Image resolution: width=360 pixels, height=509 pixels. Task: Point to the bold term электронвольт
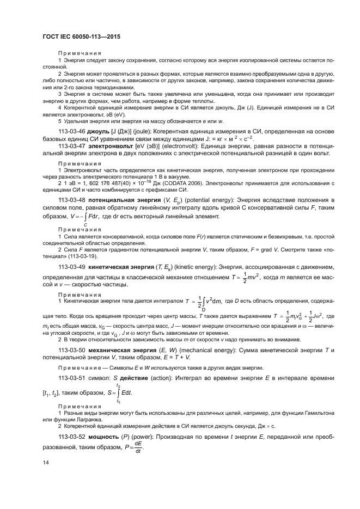coord(107,146)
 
